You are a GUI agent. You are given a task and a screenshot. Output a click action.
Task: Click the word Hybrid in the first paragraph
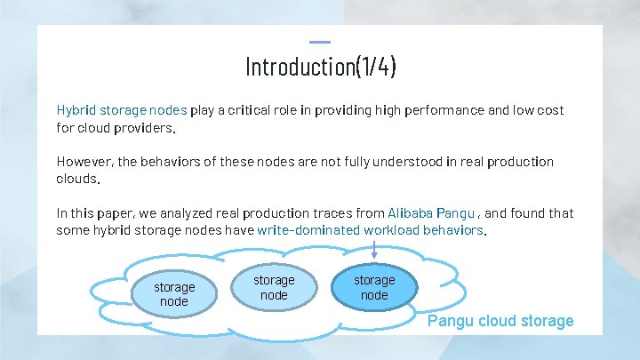point(76,110)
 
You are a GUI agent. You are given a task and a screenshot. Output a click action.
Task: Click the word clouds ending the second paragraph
point(76,179)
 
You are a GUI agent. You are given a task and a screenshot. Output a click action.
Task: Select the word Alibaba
point(410,213)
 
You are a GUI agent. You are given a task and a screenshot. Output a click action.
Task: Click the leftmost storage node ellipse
point(174,294)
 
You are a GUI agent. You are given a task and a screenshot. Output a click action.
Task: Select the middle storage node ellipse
point(274,287)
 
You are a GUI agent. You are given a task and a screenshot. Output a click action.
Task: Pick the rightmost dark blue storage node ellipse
point(374,287)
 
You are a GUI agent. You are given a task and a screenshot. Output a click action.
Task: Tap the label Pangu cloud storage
point(500,321)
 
